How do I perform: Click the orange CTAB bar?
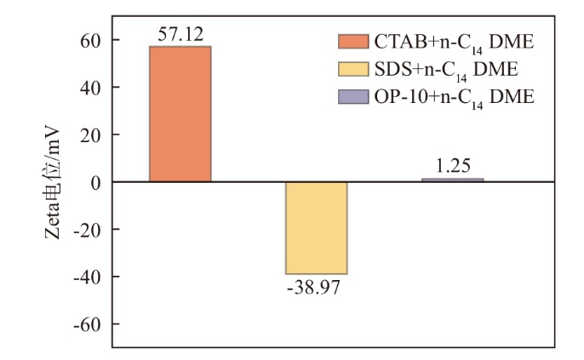click(180, 113)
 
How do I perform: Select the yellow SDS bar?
click(316, 227)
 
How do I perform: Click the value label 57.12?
click(180, 34)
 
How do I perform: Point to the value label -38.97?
click(316, 288)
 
